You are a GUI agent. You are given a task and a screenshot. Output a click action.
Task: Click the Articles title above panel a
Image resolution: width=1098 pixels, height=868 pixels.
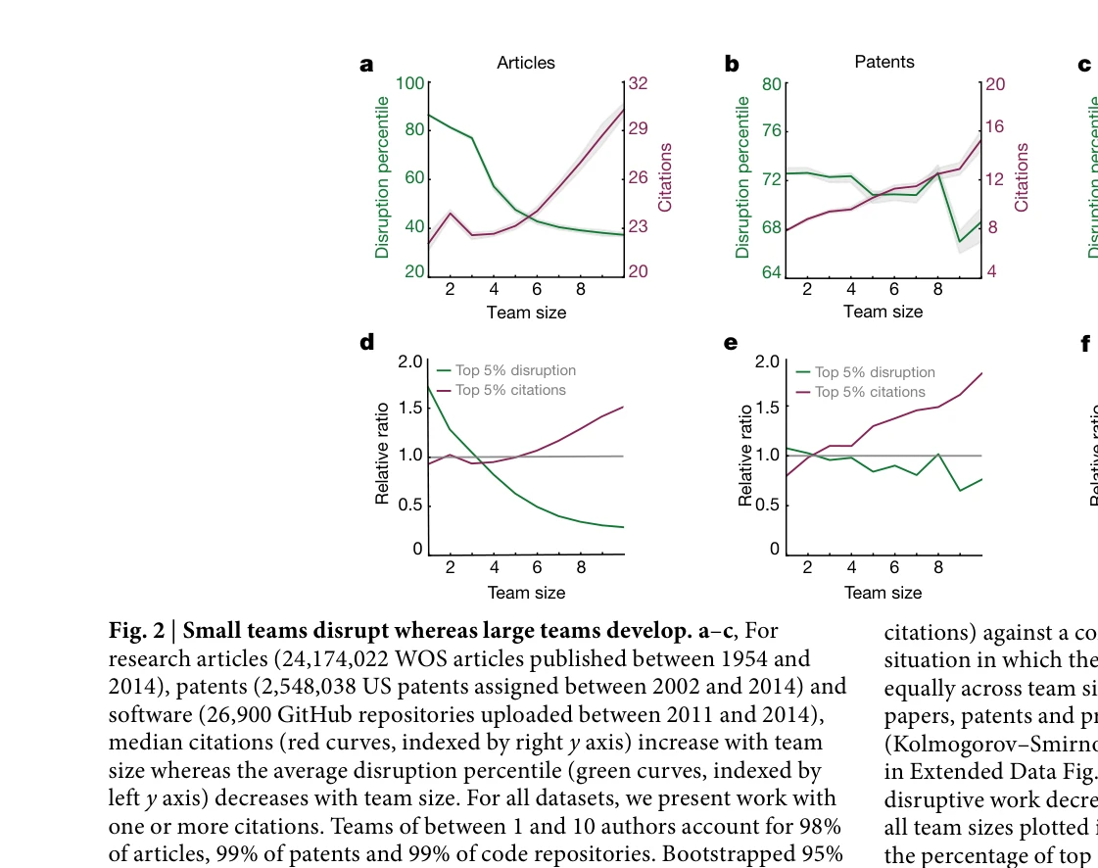click(526, 63)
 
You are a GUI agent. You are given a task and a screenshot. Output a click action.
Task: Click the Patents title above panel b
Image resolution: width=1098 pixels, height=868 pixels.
click(884, 62)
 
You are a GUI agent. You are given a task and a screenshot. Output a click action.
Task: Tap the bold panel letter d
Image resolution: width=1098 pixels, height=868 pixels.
click(367, 343)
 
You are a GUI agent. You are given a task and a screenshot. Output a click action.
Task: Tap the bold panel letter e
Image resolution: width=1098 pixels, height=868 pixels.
click(730, 343)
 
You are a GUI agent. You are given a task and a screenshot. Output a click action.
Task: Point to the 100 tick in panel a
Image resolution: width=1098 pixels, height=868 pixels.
click(410, 83)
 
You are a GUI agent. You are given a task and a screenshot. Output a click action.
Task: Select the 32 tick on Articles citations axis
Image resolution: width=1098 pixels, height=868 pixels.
click(638, 84)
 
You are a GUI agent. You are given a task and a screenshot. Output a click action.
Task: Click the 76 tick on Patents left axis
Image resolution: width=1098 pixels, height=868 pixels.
click(771, 131)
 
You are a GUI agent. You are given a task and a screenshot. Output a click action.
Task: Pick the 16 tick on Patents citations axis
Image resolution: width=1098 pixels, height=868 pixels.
click(994, 126)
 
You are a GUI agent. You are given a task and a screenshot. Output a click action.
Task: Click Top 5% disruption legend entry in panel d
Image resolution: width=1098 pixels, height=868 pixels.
click(515, 370)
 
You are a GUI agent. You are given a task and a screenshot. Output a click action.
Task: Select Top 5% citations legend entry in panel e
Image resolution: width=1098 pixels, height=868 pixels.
click(870, 392)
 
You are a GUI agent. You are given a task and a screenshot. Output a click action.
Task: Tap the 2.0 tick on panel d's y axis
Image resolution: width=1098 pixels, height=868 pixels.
click(411, 362)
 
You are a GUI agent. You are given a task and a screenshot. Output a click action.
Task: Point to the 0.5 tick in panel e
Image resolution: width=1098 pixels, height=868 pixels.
click(769, 506)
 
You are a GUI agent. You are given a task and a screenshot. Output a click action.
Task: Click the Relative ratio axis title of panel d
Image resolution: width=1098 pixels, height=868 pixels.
click(383, 454)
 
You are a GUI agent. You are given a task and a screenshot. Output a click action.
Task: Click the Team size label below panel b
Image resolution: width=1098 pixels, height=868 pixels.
click(883, 312)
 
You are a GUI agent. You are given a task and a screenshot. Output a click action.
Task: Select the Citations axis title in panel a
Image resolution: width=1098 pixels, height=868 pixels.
click(666, 177)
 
